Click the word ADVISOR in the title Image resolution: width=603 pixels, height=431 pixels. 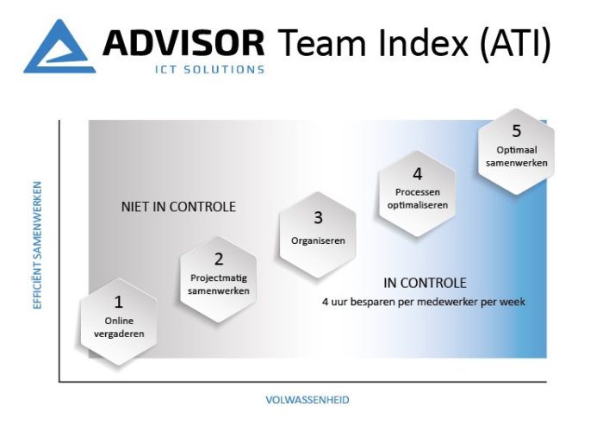(x=183, y=43)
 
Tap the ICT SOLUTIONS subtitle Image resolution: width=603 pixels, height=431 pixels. (x=209, y=70)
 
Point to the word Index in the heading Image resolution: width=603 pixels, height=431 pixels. (x=424, y=43)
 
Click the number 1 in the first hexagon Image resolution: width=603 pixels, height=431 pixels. (x=119, y=302)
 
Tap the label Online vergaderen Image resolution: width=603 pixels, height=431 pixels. (x=119, y=327)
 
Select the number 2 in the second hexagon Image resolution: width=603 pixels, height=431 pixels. (x=219, y=259)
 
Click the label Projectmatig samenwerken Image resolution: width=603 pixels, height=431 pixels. (x=219, y=284)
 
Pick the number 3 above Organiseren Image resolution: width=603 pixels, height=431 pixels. (x=318, y=218)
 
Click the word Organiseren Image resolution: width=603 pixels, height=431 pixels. (x=318, y=240)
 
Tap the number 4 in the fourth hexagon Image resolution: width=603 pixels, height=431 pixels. (x=418, y=174)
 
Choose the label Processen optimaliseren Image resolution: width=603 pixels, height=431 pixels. (x=418, y=198)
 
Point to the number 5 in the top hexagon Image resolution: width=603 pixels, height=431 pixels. (x=517, y=131)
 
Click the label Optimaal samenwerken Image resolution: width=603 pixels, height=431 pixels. (x=517, y=156)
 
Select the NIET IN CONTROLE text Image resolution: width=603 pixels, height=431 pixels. (x=178, y=207)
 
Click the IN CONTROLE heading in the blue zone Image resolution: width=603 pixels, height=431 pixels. (x=425, y=284)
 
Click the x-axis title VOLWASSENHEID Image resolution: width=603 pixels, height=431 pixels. (x=308, y=400)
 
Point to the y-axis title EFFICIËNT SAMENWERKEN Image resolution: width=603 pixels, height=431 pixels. (x=37, y=245)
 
